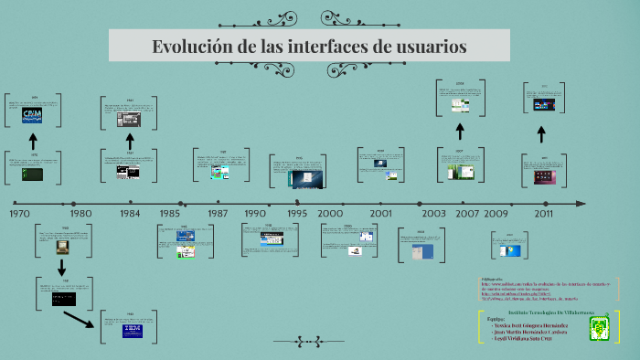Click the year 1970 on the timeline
tap(20, 213)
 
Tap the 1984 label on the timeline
tap(130, 213)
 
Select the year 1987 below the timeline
tap(218, 213)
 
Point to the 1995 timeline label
tap(297, 213)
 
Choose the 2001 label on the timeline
tap(380, 213)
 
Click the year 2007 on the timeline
tap(467, 213)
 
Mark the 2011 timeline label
tap(544, 213)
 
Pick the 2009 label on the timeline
tap(496, 213)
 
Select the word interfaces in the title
tap(329, 46)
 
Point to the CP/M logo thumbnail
tap(32, 113)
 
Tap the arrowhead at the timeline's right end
tap(580, 203)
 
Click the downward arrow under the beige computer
tap(62, 267)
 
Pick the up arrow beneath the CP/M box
tap(33, 141)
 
